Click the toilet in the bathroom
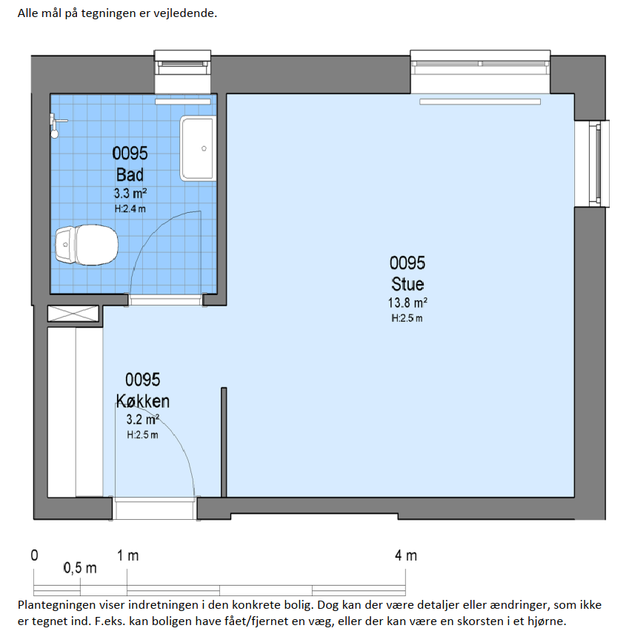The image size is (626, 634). [87, 245]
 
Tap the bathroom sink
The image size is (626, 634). [198, 148]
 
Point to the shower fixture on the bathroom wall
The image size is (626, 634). [56, 125]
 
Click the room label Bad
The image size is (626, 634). [130, 175]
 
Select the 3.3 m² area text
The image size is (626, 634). [130, 194]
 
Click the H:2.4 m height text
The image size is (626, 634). [130, 208]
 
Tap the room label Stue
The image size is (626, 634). [407, 284]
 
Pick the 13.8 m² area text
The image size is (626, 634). [407, 303]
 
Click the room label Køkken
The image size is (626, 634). [142, 401]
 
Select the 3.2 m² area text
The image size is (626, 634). [142, 419]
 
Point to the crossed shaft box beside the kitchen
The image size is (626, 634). [73, 314]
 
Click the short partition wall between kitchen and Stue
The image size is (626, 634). [224, 443]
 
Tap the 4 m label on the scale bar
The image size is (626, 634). [406, 555]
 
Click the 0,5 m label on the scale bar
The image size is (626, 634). [80, 568]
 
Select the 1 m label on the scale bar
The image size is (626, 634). [128, 555]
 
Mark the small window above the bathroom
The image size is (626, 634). [182, 72]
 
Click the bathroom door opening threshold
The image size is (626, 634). [165, 300]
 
